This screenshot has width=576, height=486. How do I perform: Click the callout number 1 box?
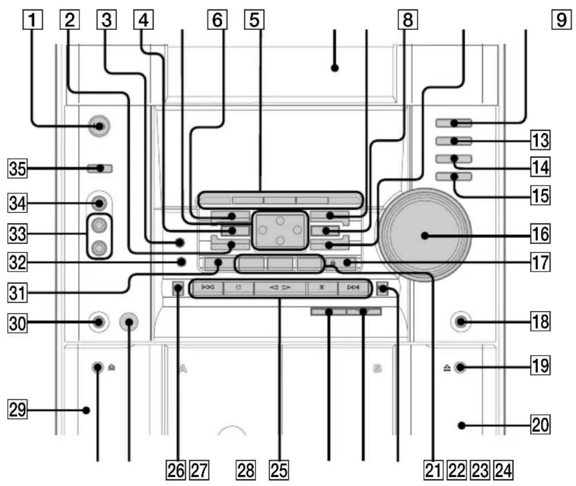32,20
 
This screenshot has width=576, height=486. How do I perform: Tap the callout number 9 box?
562,20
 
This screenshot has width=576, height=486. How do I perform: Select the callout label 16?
540,233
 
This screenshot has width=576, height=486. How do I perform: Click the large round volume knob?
425,235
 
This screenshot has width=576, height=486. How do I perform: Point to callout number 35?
17,169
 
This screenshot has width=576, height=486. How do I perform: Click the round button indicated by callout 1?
99,126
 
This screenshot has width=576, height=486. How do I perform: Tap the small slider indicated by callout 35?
100,169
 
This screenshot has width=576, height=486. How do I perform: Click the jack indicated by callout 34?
99,203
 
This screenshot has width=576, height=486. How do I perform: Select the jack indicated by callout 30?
98,322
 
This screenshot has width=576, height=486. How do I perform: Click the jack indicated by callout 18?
460,322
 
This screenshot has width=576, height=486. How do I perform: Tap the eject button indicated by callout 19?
459,367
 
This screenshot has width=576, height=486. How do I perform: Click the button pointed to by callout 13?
454,141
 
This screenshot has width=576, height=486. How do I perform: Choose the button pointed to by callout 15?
454,177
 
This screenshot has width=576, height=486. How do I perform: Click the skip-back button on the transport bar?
207,288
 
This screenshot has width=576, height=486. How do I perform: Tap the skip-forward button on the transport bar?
353,288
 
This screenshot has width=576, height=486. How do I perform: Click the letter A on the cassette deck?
183,368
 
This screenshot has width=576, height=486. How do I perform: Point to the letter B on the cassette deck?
377,368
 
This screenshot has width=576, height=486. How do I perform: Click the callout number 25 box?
279,470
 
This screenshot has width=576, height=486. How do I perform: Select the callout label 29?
17,410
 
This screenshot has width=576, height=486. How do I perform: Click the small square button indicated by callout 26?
178,289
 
